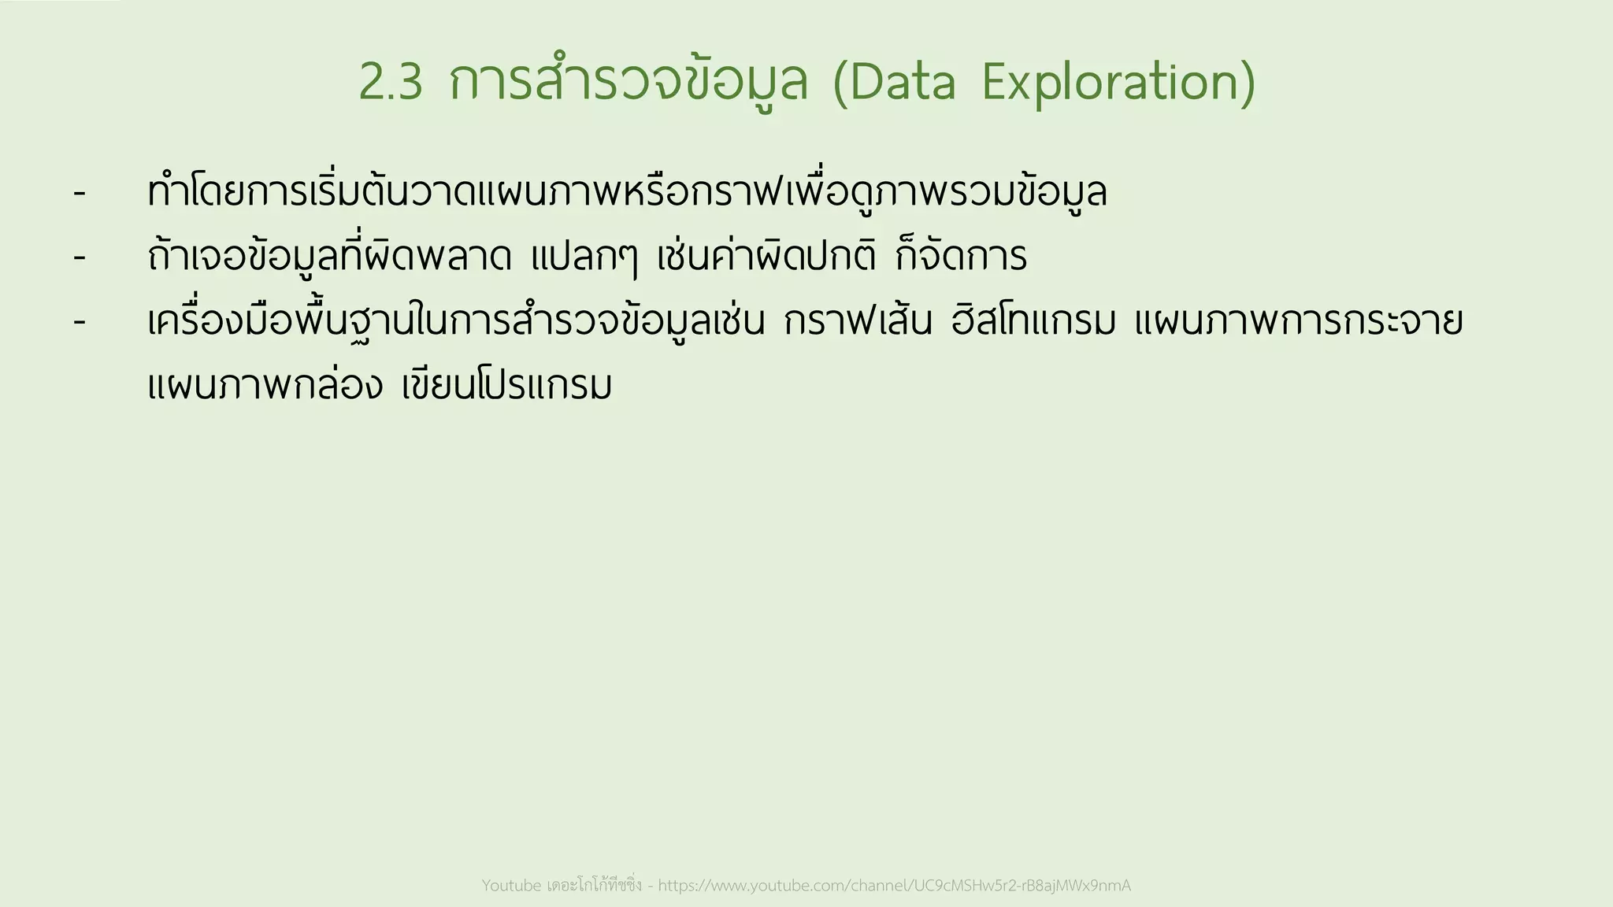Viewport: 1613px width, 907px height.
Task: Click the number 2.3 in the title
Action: tap(391, 82)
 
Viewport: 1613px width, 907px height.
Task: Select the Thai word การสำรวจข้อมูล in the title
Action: tap(629, 82)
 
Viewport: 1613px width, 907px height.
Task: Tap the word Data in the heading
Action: tap(894, 82)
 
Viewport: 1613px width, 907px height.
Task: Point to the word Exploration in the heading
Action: tap(1118, 82)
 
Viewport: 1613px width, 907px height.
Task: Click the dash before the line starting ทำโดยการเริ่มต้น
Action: tap(79, 193)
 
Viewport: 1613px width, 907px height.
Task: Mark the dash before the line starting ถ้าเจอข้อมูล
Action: tap(79, 257)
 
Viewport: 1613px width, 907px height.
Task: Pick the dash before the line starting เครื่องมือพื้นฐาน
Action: tap(79, 322)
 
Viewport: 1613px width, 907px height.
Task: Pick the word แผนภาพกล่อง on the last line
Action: tap(265, 387)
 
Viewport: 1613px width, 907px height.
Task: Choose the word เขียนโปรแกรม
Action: tap(506, 387)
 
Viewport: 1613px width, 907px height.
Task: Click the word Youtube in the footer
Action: tap(511, 886)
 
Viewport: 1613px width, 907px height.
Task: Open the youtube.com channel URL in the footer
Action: tap(894, 886)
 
